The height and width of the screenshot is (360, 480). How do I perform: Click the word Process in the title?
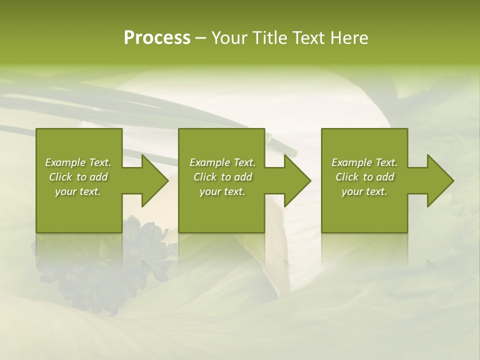pos(157,38)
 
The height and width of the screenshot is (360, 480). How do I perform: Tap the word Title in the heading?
pos(271,38)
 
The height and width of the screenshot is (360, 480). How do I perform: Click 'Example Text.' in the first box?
pos(78,162)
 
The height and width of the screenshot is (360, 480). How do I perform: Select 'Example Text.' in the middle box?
pos(222,162)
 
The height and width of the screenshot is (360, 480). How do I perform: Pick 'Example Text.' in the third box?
pos(364,162)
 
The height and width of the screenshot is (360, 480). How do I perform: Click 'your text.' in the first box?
pos(78,191)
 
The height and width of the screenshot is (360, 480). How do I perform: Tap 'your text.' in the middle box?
pos(222,191)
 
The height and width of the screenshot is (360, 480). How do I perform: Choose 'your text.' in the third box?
pos(364,191)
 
